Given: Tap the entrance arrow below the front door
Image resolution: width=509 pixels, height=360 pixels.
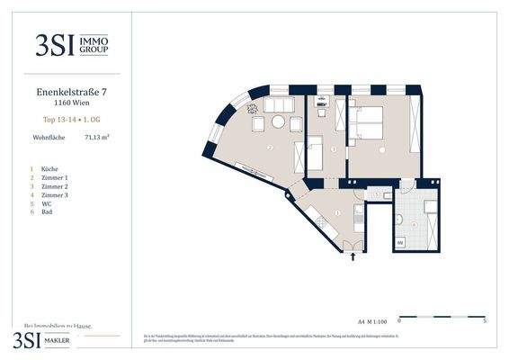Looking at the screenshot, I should click(353, 256).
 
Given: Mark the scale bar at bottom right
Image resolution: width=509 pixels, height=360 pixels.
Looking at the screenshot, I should click(442, 317).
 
